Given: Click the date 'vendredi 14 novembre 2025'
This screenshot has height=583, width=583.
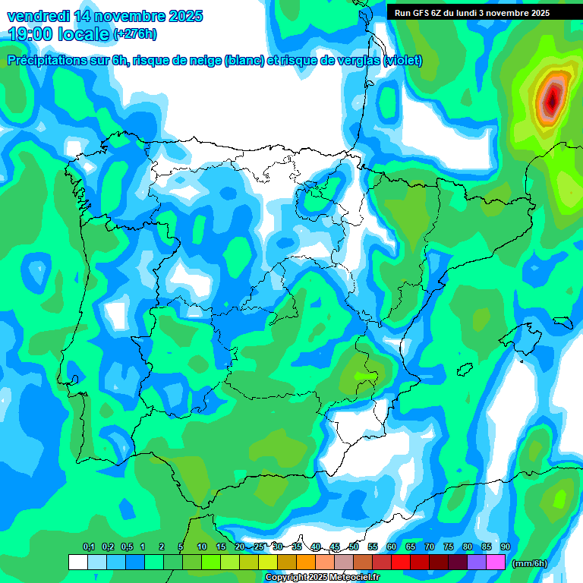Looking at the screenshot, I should (x=105, y=16).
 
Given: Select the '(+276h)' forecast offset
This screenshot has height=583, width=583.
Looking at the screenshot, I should (x=134, y=34).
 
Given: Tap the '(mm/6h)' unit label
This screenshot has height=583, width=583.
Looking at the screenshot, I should (x=530, y=563).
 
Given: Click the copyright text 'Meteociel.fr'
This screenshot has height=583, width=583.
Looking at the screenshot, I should (x=349, y=578).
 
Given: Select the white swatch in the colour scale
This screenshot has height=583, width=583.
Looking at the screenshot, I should (x=77, y=562).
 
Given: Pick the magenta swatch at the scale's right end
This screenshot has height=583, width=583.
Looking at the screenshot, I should (x=496, y=562).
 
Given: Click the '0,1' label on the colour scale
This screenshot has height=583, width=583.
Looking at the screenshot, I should (x=88, y=547).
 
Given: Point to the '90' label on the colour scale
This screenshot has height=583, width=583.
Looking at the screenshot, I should (x=505, y=547).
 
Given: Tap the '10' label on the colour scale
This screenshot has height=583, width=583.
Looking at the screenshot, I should (x=201, y=547).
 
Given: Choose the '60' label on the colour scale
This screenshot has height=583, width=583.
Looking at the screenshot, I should (x=391, y=547).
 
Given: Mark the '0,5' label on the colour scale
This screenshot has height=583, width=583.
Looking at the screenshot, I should (x=126, y=547).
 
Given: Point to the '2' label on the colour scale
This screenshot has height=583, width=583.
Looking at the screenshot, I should (x=162, y=547).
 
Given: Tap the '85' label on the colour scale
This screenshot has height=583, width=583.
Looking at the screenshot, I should (x=486, y=547).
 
